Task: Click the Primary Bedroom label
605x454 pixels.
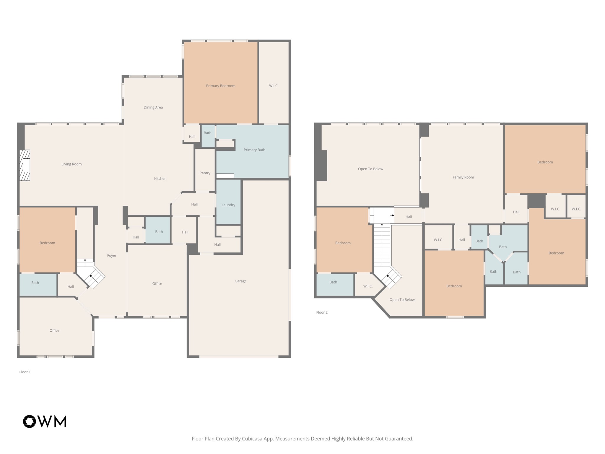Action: point(221,86)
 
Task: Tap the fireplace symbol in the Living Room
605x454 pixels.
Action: point(25,165)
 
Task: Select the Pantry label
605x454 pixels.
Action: point(205,173)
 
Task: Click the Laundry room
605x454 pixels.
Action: point(228,205)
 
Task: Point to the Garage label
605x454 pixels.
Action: point(240,281)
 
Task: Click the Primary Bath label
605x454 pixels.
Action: point(254,150)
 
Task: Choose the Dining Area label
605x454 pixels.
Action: point(153,107)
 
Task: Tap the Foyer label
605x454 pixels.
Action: point(112,255)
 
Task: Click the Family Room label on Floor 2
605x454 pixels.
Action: point(463,177)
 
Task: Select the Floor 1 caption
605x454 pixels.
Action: point(25,372)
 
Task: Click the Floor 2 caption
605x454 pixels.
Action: point(322,312)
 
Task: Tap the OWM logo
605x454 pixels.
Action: point(45,421)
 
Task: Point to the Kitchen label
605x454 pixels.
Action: point(160,179)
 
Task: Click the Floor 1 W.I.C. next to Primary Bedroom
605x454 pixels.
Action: point(274,86)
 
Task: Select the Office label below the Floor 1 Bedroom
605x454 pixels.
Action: point(54,330)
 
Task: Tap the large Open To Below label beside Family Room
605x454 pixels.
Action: point(370,169)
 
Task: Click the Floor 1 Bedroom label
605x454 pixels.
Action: point(47,243)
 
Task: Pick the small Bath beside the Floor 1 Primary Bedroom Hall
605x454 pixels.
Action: point(208,133)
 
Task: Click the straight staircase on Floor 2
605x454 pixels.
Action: point(382,245)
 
